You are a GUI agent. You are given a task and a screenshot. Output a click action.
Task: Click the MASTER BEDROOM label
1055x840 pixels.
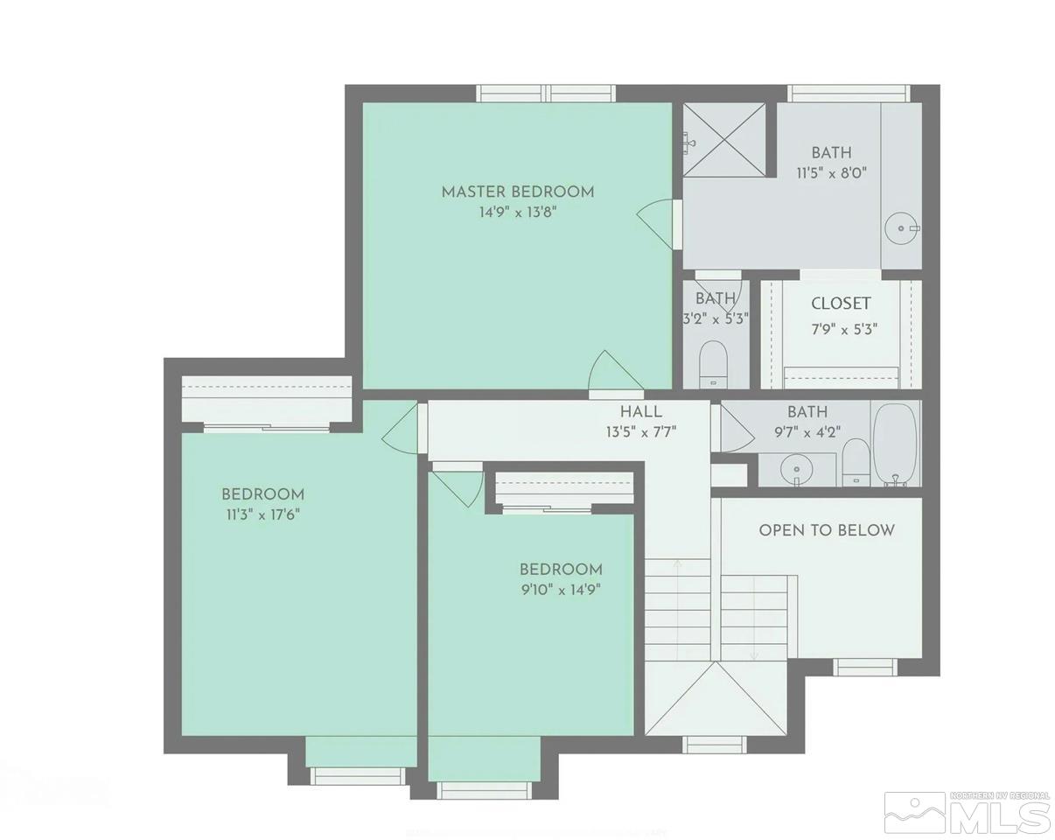517,192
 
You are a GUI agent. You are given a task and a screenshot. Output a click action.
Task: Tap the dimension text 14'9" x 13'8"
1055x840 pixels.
517,213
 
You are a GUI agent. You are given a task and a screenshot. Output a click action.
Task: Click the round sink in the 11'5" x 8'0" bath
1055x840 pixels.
901,229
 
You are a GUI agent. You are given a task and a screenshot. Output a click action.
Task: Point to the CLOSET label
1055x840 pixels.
841,304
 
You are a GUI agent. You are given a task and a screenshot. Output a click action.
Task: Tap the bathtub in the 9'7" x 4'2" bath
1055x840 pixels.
894,443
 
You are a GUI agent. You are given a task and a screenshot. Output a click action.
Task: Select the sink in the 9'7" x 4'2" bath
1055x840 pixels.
796,469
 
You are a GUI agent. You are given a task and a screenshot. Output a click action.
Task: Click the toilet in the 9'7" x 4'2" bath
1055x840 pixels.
856,461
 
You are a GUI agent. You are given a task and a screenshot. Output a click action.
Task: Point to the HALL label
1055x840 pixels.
640,411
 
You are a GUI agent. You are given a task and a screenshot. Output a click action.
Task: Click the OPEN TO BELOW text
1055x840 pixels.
827,530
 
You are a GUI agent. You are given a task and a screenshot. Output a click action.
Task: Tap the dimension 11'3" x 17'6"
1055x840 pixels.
262,515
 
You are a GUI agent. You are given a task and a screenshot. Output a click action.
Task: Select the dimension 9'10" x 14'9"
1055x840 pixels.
560,589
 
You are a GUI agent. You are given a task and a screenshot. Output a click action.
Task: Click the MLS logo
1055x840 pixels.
967,813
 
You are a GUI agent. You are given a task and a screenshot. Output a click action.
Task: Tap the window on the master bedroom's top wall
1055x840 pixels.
546,93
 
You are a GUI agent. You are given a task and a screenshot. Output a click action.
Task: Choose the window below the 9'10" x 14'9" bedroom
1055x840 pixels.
484,790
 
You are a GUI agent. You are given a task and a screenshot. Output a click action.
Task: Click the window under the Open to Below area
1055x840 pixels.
864,668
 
